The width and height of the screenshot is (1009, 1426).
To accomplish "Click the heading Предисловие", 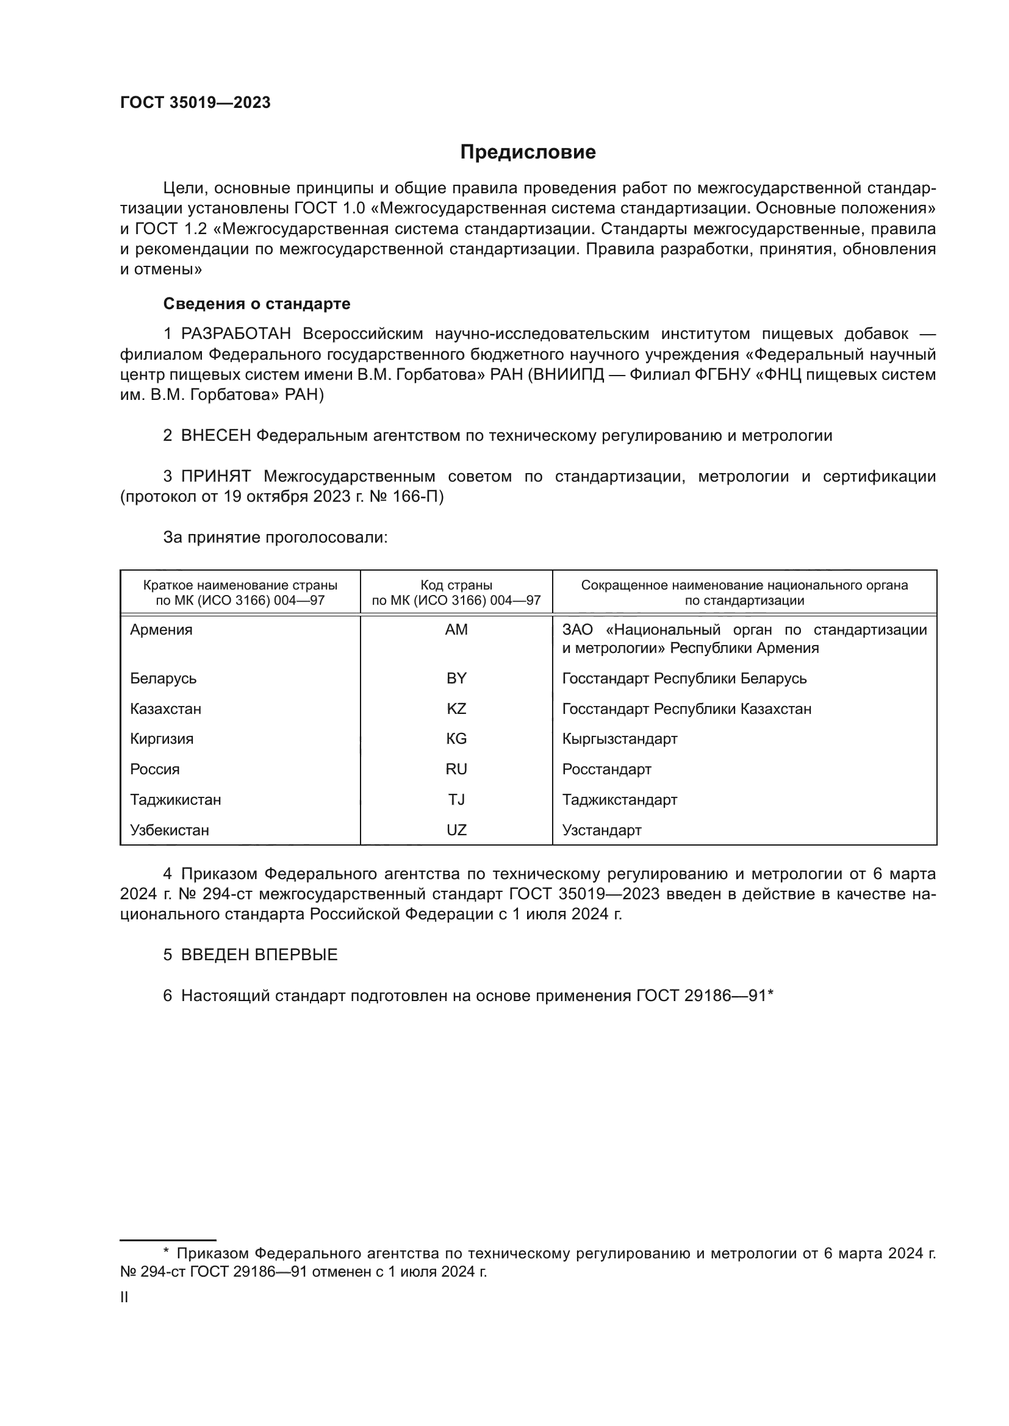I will tap(528, 152).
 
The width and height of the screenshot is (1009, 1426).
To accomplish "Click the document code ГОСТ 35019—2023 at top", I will tap(195, 103).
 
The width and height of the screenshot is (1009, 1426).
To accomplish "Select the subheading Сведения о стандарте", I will tap(257, 304).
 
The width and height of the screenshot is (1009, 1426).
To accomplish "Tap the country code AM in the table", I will tap(456, 630).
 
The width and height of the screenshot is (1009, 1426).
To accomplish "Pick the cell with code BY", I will tap(456, 678).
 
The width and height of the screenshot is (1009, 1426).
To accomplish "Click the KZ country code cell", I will tap(456, 708).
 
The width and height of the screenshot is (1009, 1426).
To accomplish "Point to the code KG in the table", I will tap(456, 738).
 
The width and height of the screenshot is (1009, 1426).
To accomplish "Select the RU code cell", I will tap(456, 769).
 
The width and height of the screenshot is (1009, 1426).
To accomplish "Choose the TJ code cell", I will tap(456, 799).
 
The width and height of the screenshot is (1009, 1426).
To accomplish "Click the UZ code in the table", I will tap(456, 830).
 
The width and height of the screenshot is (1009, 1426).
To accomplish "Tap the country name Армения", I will tap(161, 630).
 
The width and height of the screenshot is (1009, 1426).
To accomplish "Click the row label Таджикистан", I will tap(175, 799).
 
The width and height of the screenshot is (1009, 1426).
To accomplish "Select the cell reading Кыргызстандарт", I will tap(619, 738).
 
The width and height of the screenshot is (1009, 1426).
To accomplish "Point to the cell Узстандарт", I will tap(601, 830).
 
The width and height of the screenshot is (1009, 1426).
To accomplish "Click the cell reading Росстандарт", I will tap(606, 769).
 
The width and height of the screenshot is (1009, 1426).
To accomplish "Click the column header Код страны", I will tap(456, 585).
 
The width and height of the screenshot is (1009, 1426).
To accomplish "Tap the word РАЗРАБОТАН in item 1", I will tap(235, 334).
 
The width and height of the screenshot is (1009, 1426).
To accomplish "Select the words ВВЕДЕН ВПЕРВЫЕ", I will tap(259, 955).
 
